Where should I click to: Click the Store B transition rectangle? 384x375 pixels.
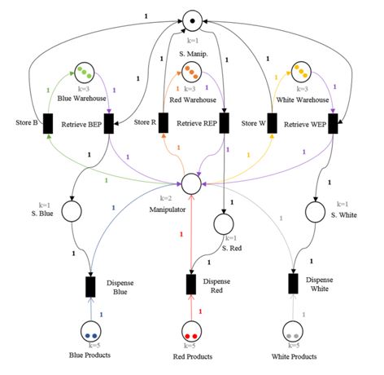(47, 123)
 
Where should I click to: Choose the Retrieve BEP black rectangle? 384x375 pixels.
(108, 123)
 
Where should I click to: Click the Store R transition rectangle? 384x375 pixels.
(163, 123)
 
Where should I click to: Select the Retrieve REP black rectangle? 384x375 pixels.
(222, 123)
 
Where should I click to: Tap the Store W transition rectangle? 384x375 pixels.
(271, 123)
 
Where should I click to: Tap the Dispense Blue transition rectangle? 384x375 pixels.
(91, 288)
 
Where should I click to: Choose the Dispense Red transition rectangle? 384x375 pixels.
(191, 284)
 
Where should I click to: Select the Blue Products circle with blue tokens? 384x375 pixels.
(91, 333)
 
